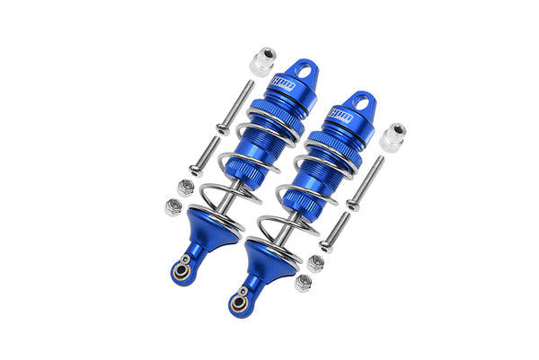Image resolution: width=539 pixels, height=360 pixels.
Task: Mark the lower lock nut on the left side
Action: pyautogui.click(x=172, y=207)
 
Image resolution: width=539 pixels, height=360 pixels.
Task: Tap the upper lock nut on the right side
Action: pyautogui.click(x=316, y=263)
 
